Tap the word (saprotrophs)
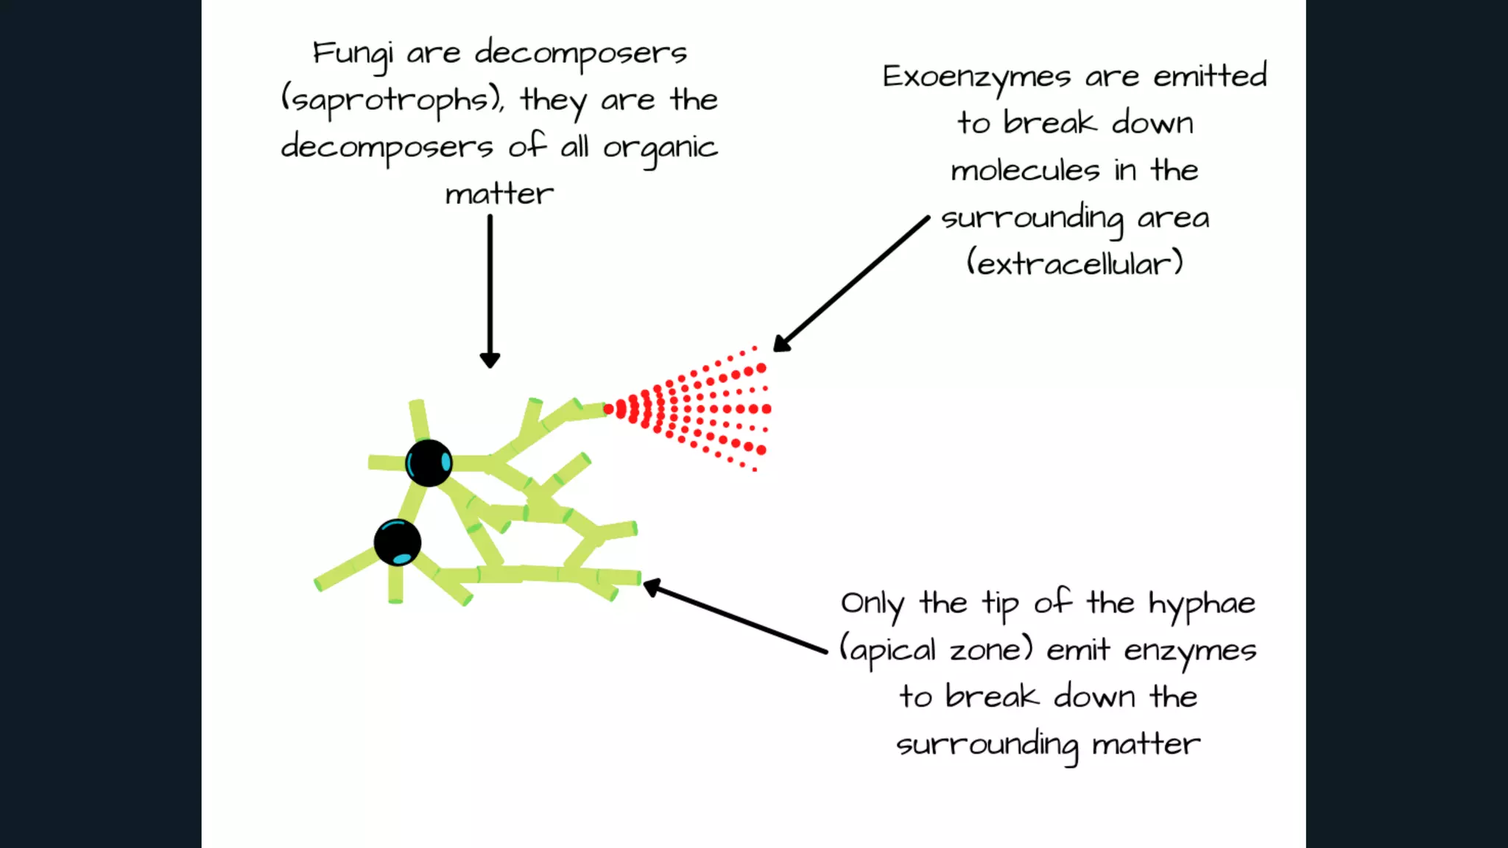point(392,101)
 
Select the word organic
point(660,148)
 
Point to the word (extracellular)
point(1074,263)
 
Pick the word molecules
point(1025,170)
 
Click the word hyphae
point(1202,604)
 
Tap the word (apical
point(888,651)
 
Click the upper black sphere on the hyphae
point(429,463)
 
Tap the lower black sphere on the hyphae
point(398,543)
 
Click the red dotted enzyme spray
point(692,409)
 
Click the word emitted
point(1210,75)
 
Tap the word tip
point(1000,604)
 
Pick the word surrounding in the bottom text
point(987,745)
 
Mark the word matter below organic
point(499,194)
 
